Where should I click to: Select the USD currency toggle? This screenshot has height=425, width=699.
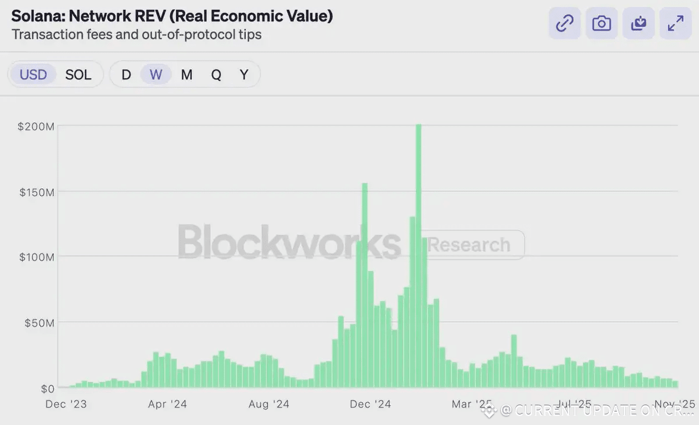point(33,75)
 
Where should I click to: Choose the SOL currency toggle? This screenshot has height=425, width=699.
point(78,75)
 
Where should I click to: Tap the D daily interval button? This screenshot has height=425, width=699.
point(126,75)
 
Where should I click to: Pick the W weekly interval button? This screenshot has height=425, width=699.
point(156,75)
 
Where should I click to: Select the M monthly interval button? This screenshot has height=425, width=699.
point(186,75)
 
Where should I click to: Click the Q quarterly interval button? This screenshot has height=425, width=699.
point(216,75)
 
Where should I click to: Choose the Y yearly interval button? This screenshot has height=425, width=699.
point(244,75)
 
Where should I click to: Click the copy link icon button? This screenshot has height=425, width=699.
point(564,23)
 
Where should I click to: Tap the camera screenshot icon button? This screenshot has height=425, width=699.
point(601,23)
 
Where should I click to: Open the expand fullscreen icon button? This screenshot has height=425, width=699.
point(676,23)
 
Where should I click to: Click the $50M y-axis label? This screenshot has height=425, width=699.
point(40,322)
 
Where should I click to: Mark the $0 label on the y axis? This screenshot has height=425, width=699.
point(47,388)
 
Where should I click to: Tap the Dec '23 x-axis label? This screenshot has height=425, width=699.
point(66,404)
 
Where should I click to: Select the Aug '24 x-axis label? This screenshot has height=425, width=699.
point(269,404)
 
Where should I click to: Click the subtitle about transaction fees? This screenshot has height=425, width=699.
point(136,34)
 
